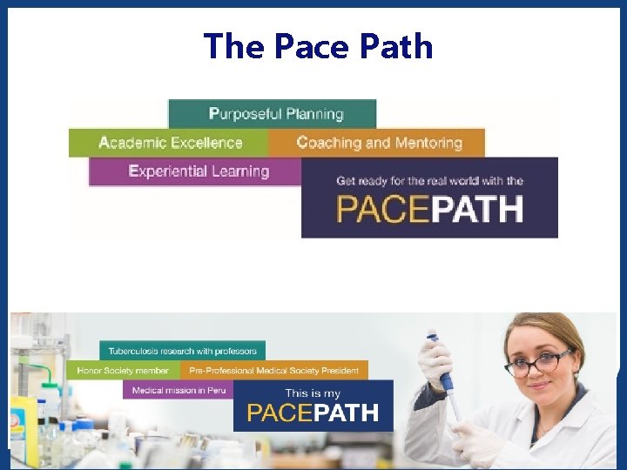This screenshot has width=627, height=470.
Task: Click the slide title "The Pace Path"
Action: point(318,46)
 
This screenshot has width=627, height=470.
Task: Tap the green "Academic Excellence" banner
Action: point(170,143)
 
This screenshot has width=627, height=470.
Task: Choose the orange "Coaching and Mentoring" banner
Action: point(378,143)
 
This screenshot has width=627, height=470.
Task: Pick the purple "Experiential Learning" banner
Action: point(198,171)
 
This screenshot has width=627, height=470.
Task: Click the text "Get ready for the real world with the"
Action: point(429,181)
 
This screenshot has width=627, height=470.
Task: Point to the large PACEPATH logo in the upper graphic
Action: point(429,211)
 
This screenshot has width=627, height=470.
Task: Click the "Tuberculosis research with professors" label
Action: point(182,351)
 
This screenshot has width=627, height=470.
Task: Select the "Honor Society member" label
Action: point(123,371)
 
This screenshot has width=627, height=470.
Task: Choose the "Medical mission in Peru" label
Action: point(179,390)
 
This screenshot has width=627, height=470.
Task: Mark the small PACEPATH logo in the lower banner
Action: point(313,413)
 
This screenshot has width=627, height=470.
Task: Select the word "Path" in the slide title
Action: point(398,46)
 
